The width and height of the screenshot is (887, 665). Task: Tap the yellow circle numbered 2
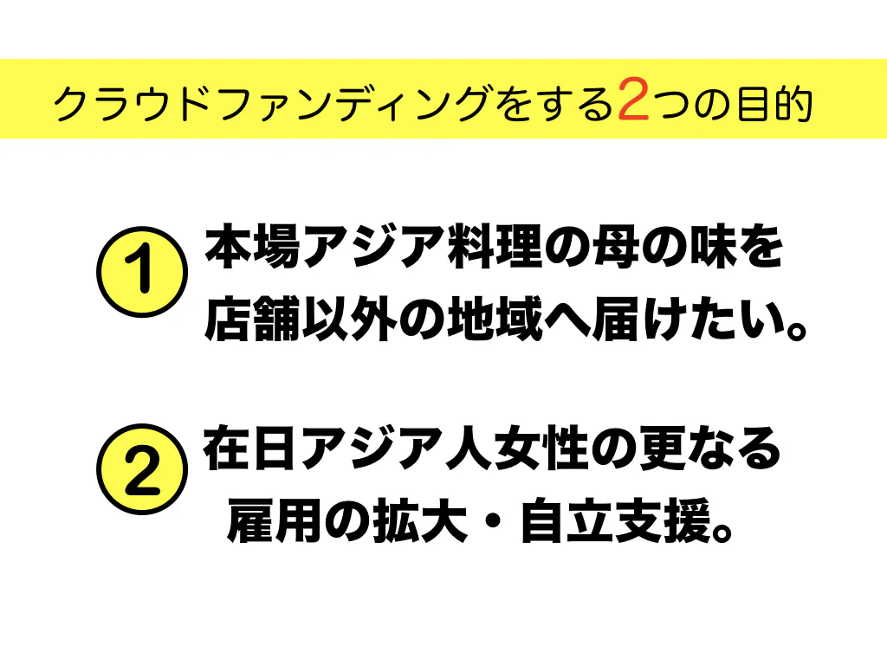pyautogui.click(x=141, y=472)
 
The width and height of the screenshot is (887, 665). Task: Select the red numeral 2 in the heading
pyautogui.click(x=635, y=101)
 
